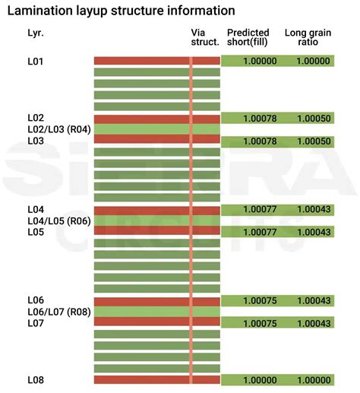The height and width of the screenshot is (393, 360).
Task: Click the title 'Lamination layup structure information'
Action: click(x=121, y=11)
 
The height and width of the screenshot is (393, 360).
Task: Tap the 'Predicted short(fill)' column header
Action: click(x=248, y=37)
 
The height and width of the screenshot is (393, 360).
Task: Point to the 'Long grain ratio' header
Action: click(x=306, y=37)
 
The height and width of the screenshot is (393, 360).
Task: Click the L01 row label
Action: click(x=36, y=61)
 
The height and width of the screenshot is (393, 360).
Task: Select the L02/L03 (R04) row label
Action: click(x=59, y=129)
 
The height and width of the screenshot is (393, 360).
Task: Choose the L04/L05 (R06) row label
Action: click(x=59, y=220)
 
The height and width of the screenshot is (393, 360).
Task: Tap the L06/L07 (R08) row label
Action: click(x=59, y=312)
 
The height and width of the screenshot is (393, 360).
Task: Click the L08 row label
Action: click(x=36, y=379)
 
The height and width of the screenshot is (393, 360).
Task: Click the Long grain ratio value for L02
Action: click(x=313, y=119)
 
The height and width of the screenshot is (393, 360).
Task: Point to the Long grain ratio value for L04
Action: click(x=313, y=209)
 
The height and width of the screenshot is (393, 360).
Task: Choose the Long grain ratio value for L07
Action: click(x=313, y=323)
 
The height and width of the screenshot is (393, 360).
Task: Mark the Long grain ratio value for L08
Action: click(x=313, y=379)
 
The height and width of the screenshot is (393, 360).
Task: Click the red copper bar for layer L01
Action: click(x=141, y=60)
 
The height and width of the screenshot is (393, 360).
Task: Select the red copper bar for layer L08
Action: click(x=141, y=379)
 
